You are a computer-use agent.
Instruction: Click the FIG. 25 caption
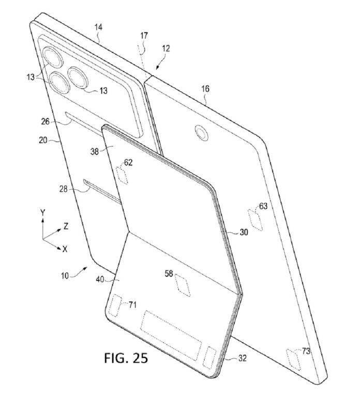(x=126, y=357)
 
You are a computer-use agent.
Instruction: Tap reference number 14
(x=99, y=27)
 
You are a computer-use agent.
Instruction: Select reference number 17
(x=144, y=36)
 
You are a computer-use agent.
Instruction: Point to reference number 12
(x=166, y=48)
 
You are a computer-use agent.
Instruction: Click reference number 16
(x=205, y=89)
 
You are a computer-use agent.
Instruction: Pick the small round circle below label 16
(x=202, y=132)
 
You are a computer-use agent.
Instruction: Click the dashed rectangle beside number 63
(x=256, y=219)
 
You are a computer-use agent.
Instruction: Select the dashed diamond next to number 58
(x=183, y=285)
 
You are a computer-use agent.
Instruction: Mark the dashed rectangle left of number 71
(x=115, y=306)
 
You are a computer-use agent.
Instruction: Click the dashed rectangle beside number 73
(x=293, y=359)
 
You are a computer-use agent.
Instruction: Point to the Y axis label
(x=43, y=213)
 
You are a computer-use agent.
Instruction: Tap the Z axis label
(x=66, y=226)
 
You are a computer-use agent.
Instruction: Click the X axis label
(x=65, y=249)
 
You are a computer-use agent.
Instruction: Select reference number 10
(x=65, y=276)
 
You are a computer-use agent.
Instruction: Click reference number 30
(x=244, y=232)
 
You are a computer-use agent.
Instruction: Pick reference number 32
(x=242, y=358)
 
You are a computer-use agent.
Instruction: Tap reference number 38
(x=95, y=151)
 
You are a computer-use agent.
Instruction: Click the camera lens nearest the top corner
(x=53, y=57)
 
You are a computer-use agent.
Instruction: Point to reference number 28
(x=64, y=189)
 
